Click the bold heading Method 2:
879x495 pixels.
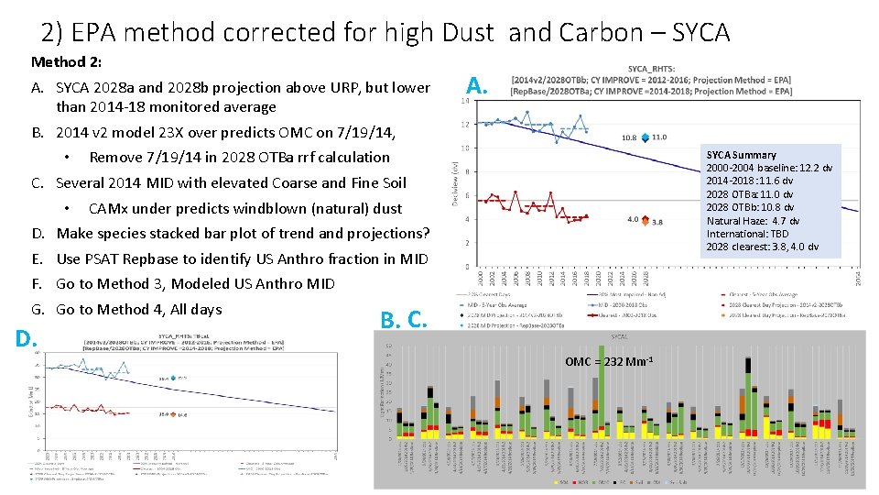[x=66, y=62]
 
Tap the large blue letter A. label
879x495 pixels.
[x=476, y=85]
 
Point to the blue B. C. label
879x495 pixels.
[x=404, y=319]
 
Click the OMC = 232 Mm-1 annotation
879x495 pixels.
[x=609, y=361]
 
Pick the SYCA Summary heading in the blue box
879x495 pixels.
[x=741, y=155]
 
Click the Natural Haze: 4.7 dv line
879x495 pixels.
[x=753, y=221]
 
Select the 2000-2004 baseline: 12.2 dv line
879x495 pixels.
[x=769, y=168]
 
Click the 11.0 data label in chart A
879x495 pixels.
[x=658, y=137]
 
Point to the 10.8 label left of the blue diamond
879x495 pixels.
[x=629, y=137]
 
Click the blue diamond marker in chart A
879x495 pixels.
[x=645, y=137]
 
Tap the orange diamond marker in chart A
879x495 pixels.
[x=645, y=220]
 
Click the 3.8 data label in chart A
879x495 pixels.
[x=657, y=222]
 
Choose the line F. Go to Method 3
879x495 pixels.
[x=194, y=283]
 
